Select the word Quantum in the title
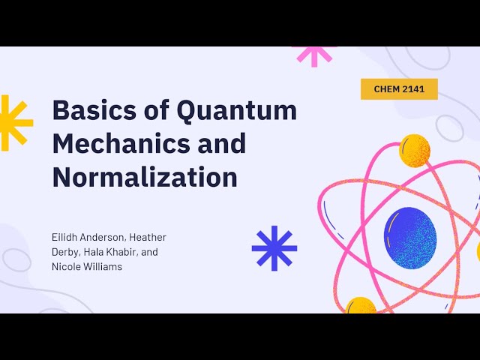[236, 111]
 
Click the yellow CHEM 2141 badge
[399, 89]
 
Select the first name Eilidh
[64, 238]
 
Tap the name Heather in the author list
[149, 238]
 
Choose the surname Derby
[65, 252]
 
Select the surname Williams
[103, 266]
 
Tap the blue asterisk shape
[274, 247]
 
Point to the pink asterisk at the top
[313, 54]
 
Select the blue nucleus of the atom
[410, 234]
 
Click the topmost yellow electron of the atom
[414, 149]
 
